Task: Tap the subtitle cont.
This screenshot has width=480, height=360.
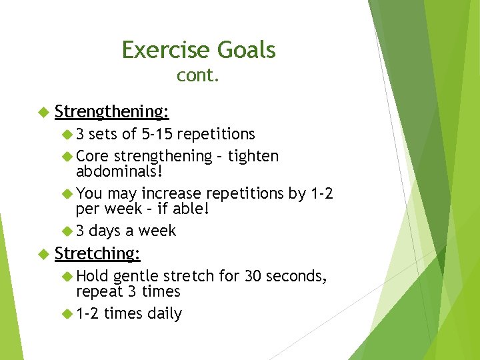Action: pyautogui.click(x=198, y=76)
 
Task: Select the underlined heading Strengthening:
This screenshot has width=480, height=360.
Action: pyautogui.click(x=111, y=111)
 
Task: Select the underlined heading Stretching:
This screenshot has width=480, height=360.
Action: pyautogui.click(x=97, y=253)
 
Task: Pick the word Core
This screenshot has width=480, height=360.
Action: pyautogui.click(x=93, y=156)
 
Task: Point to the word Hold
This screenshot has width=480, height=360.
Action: pyautogui.click(x=93, y=276)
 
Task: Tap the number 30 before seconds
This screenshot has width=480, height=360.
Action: pyautogui.click(x=254, y=276)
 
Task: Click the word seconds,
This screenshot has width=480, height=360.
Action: pyautogui.click(x=297, y=276)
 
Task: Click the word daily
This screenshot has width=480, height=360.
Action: pyautogui.click(x=164, y=313)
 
